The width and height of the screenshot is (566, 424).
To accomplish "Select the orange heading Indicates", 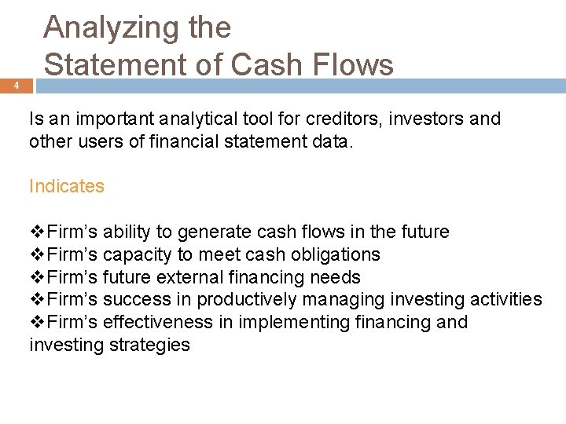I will click(x=67, y=186).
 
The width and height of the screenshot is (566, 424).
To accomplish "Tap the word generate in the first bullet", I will click(x=212, y=232).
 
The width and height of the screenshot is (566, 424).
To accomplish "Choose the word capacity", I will click(x=135, y=255).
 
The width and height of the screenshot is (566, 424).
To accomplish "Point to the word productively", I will click(x=247, y=300).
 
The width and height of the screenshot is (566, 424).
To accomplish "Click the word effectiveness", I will click(x=158, y=322).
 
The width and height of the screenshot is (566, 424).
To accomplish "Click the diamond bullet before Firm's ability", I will click(x=37, y=232).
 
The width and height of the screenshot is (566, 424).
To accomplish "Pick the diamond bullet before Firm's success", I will click(x=37, y=300).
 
